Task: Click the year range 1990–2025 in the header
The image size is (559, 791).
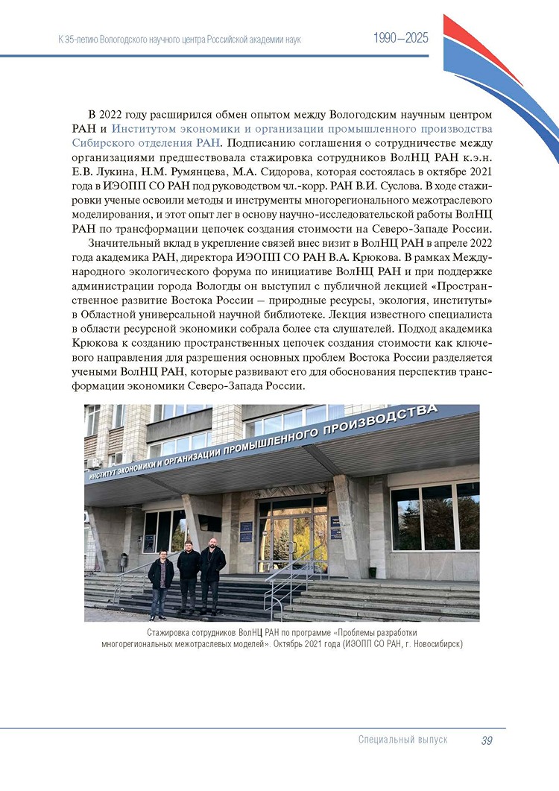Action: point(400,38)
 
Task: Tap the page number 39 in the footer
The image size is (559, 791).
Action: point(487,740)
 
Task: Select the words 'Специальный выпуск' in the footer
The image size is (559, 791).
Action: point(402,740)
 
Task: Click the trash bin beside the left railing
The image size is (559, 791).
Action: point(124,561)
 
